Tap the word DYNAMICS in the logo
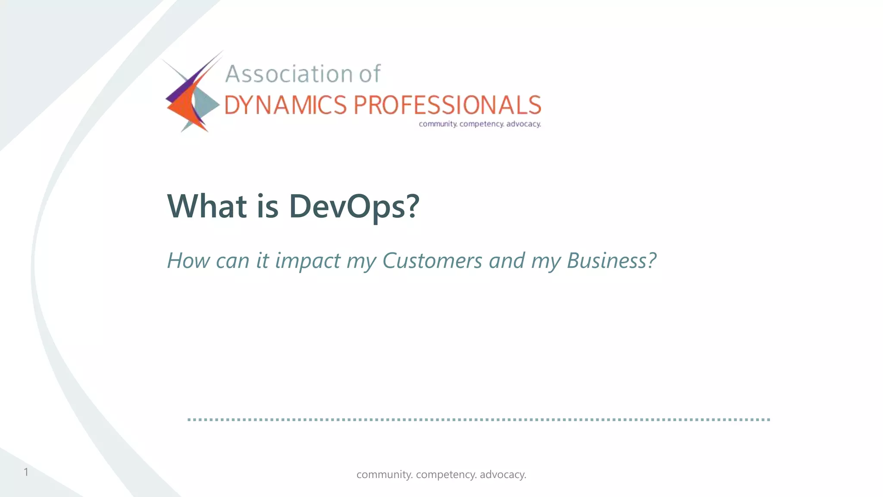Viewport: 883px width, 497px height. click(x=285, y=105)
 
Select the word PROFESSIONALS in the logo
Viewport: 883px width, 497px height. click(x=447, y=105)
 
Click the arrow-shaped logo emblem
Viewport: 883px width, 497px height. click(x=192, y=93)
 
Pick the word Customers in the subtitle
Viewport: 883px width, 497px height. click(x=432, y=261)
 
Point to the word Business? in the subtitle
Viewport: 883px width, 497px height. click(x=611, y=261)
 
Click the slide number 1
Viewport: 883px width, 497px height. click(x=26, y=472)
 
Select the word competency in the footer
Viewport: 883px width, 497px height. click(x=446, y=475)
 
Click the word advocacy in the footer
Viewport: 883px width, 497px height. click(x=503, y=475)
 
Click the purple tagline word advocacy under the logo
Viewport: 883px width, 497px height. click(x=523, y=124)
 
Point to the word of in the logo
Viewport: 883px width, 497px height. click(x=370, y=74)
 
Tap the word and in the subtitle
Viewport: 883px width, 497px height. click(x=507, y=261)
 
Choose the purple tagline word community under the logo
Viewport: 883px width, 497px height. click(x=438, y=124)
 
